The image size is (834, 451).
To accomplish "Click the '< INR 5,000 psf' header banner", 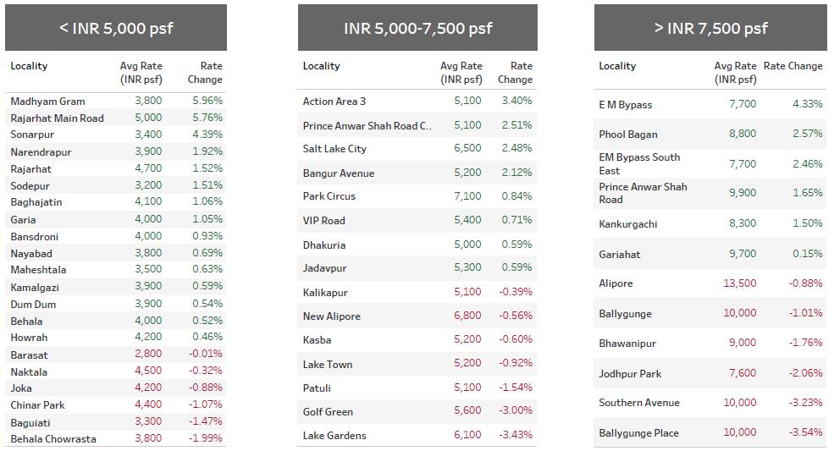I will [x=116, y=28].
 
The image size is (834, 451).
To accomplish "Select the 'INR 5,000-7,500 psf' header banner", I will [x=417, y=28].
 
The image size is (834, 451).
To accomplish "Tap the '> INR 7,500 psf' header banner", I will [x=710, y=28].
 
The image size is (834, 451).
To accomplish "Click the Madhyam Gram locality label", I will [x=47, y=101].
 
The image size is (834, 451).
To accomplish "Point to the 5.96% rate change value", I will [x=207, y=101].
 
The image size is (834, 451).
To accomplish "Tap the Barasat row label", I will [x=29, y=355].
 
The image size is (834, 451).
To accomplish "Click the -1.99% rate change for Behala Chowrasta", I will [x=205, y=438].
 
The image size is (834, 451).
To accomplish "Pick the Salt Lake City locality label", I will [x=334, y=149].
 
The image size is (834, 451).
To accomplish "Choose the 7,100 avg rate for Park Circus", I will [x=467, y=196].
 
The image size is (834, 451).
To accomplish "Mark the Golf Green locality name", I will [x=327, y=411].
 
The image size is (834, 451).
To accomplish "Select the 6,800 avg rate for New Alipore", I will [x=467, y=316].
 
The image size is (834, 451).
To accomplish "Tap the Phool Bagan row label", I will [x=627, y=135].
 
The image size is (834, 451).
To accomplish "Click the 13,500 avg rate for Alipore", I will [x=739, y=283].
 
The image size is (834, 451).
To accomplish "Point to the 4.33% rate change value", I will [x=807, y=104].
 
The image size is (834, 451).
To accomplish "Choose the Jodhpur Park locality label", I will [x=630, y=373].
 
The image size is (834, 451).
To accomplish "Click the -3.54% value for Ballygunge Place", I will [x=805, y=432].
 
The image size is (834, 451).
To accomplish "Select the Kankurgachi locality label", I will [x=627, y=224].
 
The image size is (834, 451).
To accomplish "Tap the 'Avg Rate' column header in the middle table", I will [x=461, y=73].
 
